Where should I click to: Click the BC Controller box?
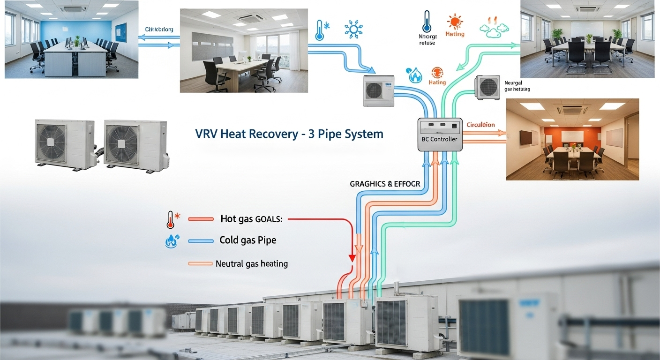click(x=440, y=134)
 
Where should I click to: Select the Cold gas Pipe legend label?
click(x=247, y=240)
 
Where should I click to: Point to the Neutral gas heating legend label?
click(x=252, y=263)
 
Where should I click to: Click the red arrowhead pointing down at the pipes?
click(x=352, y=258)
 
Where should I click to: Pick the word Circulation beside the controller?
click(x=480, y=125)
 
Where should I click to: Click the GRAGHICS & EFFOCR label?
click(x=378, y=184)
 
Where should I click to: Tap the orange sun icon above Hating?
click(x=455, y=22)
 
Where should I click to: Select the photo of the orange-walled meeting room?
click(x=572, y=139)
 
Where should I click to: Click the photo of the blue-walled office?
click(x=71, y=39)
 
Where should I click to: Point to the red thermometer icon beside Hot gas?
click(x=170, y=219)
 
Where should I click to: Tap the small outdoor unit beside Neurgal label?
click(x=488, y=88)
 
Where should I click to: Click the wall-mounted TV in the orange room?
click(x=525, y=138)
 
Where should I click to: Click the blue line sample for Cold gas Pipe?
click(x=201, y=241)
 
